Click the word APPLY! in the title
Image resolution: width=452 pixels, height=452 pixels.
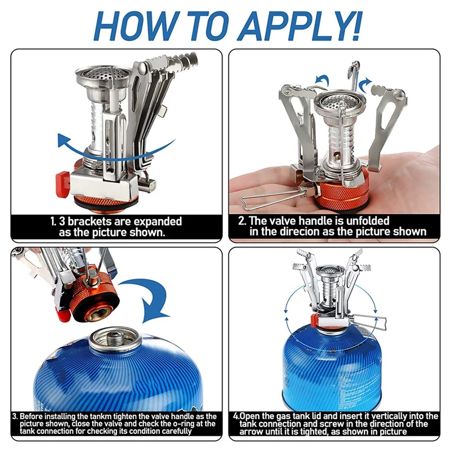click(x=301, y=26)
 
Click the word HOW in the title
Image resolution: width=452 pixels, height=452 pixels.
click(x=134, y=26)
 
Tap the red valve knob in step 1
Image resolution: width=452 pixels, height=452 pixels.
click(x=63, y=184)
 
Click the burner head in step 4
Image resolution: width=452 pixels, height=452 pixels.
click(x=330, y=271)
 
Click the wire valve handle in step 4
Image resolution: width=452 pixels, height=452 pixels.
click(x=368, y=323)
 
